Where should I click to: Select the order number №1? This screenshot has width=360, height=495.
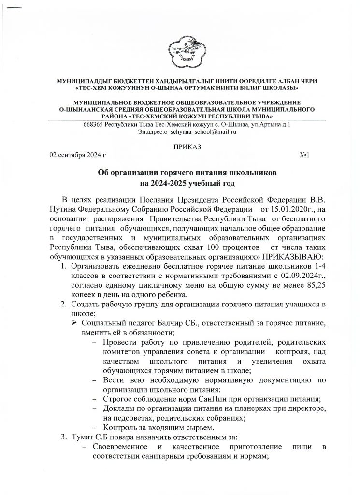304,155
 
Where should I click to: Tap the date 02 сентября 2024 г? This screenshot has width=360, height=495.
78,155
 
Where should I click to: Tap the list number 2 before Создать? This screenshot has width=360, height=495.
63,304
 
